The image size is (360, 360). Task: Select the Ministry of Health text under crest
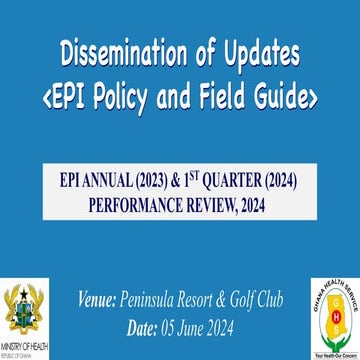27,346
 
